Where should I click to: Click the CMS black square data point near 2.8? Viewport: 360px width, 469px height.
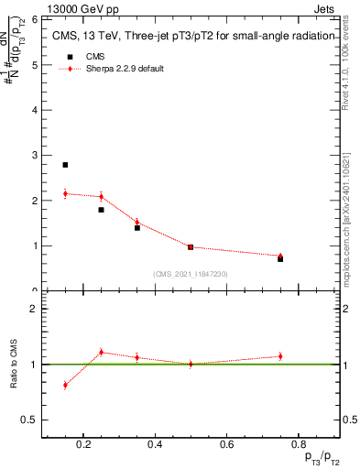(65, 165)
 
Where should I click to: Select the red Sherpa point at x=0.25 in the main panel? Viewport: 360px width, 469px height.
(101, 196)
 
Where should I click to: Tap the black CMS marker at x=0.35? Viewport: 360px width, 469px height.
(136, 227)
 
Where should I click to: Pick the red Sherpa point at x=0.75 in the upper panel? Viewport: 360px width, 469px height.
(280, 256)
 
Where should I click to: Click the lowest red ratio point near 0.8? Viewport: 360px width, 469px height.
(65, 385)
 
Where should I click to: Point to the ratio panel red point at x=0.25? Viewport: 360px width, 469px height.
(101, 352)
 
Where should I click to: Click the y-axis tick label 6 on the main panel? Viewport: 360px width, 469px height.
(35, 19)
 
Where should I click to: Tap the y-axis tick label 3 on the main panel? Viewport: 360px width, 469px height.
(35, 155)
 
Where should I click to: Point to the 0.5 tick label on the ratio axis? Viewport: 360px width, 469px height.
(29, 420)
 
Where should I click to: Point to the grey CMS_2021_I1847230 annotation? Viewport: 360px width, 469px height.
(191, 274)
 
